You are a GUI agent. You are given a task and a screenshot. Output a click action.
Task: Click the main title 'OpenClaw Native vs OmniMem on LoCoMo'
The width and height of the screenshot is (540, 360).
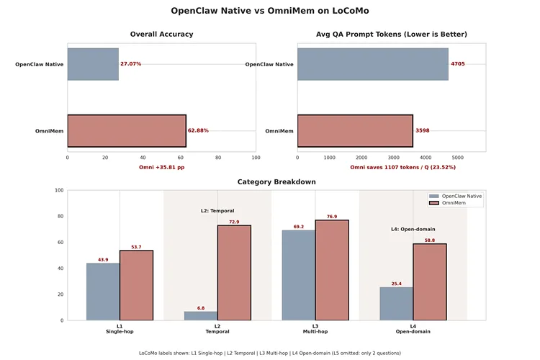click(x=270, y=11)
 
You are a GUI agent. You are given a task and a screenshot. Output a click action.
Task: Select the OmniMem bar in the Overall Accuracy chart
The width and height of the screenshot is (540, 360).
click(x=127, y=130)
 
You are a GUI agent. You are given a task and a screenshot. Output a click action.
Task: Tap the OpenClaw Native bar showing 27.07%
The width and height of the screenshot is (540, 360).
click(x=93, y=64)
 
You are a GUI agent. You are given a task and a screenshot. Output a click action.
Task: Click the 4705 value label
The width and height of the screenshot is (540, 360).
click(x=458, y=64)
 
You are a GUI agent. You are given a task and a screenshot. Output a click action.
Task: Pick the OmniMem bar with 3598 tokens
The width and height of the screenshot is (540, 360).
click(x=355, y=130)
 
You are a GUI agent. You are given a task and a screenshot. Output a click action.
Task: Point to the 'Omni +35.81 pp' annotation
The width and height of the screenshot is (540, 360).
click(x=161, y=167)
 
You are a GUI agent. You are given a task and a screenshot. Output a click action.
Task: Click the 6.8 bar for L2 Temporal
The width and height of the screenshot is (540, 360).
click(x=201, y=315)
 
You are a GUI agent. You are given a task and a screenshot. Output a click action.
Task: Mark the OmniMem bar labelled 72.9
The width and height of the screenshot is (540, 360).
click(x=234, y=273)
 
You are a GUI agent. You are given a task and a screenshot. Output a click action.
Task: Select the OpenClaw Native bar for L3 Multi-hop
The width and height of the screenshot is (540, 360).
click(x=299, y=275)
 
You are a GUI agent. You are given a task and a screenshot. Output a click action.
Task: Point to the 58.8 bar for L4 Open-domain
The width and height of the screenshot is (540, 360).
click(x=430, y=282)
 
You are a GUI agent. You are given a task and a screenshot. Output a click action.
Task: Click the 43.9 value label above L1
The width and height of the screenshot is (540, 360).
click(x=103, y=259)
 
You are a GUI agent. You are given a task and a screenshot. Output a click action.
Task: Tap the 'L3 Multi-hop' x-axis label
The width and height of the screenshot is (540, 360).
click(x=315, y=328)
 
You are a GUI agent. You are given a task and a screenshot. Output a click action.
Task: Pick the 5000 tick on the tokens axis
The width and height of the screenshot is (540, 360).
click(x=458, y=157)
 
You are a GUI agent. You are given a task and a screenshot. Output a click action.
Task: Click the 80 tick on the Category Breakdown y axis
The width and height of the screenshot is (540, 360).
click(x=60, y=216)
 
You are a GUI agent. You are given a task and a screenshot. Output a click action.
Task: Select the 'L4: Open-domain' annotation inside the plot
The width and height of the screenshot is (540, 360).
click(x=413, y=229)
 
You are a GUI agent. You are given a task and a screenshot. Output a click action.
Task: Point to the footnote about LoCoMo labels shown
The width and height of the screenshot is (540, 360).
click(x=270, y=353)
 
